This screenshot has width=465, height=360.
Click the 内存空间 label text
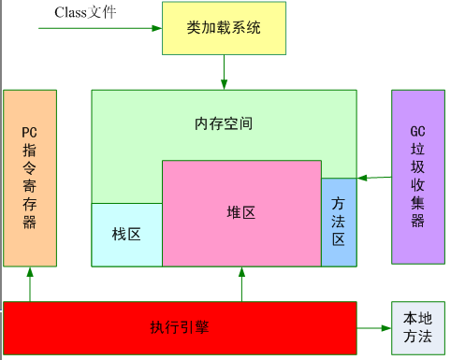224,123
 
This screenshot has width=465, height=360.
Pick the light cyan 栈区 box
126,235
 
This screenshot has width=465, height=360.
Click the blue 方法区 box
339,223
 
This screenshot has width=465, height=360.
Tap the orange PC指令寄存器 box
30,178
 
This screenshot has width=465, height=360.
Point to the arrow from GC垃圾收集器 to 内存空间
374,177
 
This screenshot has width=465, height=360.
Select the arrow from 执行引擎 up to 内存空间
241,284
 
